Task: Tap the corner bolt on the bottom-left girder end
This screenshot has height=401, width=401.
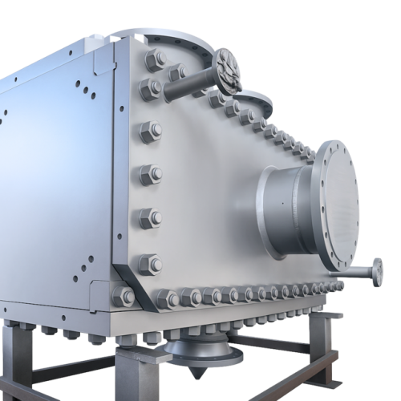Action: pos(118,297)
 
